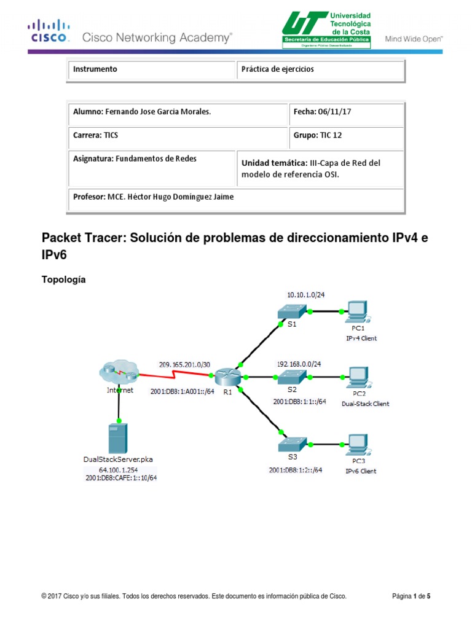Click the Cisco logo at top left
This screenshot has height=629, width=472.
[49, 31]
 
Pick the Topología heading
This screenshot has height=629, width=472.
[63, 279]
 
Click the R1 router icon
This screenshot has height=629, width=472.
[226, 376]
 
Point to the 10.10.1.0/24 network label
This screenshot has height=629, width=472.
[305, 294]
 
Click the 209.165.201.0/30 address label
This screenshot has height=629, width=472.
[184, 364]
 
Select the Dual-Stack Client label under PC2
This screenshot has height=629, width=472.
[366, 404]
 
